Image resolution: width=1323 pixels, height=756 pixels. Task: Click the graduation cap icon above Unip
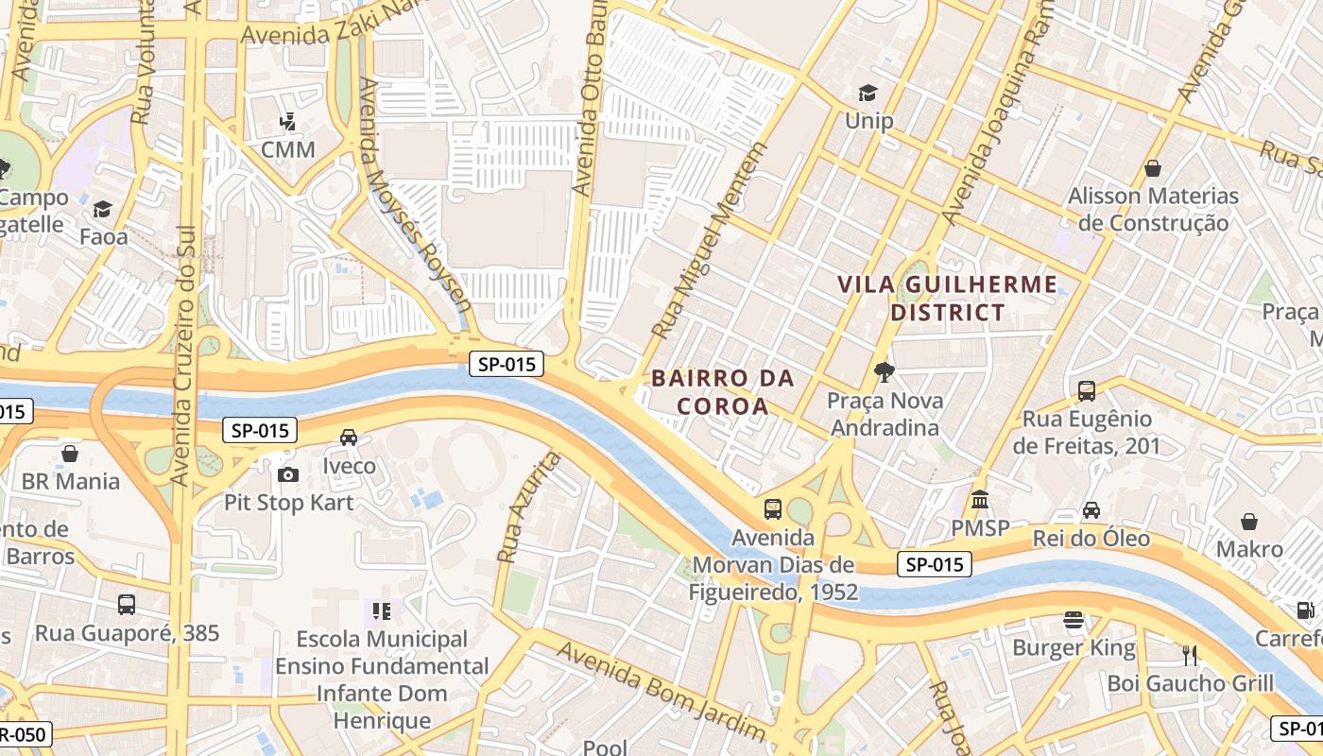pyautogui.click(x=868, y=93)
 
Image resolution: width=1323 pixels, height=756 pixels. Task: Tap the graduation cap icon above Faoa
pyautogui.click(x=102, y=209)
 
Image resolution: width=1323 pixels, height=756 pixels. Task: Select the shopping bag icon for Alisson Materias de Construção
pyautogui.click(x=1152, y=168)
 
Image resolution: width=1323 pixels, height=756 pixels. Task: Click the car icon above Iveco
pyautogui.click(x=349, y=437)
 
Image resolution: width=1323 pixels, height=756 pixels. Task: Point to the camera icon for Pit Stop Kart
pyautogui.click(x=288, y=473)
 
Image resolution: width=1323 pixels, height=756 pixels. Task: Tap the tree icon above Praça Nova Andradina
pyautogui.click(x=885, y=371)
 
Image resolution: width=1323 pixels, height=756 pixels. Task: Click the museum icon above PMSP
pyautogui.click(x=980, y=499)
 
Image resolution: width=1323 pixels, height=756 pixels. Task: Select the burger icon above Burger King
pyautogui.click(x=1074, y=620)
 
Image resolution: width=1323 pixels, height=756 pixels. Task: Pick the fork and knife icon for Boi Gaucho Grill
pyautogui.click(x=1190, y=654)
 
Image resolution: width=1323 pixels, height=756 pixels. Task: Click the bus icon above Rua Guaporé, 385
pyautogui.click(x=127, y=605)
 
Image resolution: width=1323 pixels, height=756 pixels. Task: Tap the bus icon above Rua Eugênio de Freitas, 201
pyautogui.click(x=1087, y=389)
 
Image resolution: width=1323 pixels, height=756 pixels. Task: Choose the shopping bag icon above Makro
pyautogui.click(x=1249, y=521)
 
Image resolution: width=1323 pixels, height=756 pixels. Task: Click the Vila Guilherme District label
pyautogui.click(x=947, y=298)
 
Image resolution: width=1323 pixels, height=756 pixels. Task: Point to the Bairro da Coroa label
pyautogui.click(x=723, y=391)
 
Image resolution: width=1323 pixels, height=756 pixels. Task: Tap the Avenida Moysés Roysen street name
pyautogui.click(x=415, y=196)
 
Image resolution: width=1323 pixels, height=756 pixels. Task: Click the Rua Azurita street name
pyautogui.click(x=527, y=507)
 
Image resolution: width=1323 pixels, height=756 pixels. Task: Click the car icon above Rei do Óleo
pyautogui.click(x=1091, y=510)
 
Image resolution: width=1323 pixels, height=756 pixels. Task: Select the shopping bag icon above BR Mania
pyautogui.click(x=70, y=454)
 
